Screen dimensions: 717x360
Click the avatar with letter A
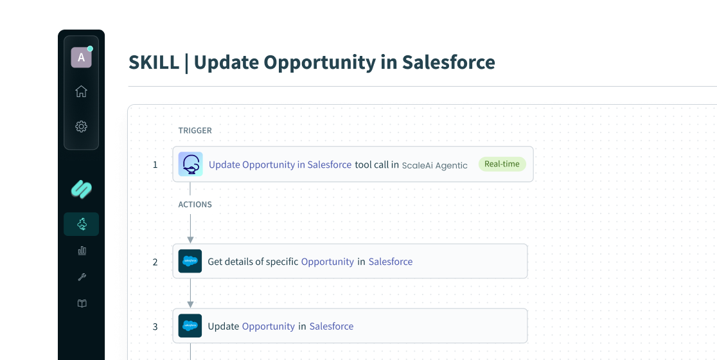tap(82, 57)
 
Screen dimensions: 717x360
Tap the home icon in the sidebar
tap(82, 91)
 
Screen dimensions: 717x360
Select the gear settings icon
tap(82, 126)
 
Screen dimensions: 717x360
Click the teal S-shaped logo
tap(82, 189)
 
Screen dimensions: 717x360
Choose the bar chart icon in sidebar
tap(82, 250)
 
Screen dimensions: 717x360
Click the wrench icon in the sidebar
tap(82, 276)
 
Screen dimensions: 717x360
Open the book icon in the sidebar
tap(82, 303)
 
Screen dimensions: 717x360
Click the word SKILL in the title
tap(154, 62)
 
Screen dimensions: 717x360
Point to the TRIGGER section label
tap(195, 130)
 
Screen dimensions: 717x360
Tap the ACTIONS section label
tap(195, 204)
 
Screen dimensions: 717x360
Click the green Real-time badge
tap(502, 164)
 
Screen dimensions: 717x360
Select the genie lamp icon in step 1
tap(191, 164)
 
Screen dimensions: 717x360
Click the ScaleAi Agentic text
tap(434, 166)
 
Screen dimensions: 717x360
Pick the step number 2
tap(155, 262)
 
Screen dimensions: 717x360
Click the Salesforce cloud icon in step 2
tap(190, 261)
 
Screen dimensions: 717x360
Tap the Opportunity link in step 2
tap(328, 262)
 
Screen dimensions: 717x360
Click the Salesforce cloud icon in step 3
tap(190, 326)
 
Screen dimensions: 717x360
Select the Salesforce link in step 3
tap(332, 326)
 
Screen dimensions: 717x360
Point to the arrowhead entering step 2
tap(190, 240)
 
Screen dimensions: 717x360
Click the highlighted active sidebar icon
tap(82, 224)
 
